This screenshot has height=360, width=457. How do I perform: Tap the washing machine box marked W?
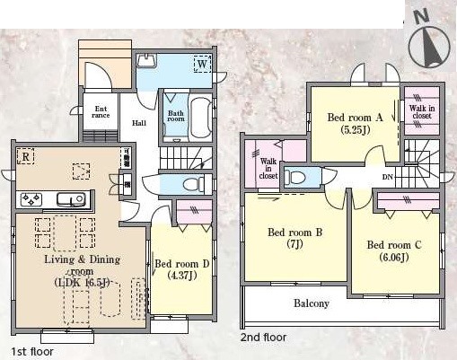[x=203, y=64]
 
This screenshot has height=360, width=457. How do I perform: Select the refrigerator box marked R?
[x=25, y=156]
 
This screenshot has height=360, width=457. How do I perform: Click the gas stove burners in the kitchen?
[x=31, y=199]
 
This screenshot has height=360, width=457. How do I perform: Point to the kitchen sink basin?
[x=71, y=199]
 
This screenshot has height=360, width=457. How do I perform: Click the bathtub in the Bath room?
[x=201, y=118]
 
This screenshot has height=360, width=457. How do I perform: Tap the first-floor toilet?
[x=193, y=185]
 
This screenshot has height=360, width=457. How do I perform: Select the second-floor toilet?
[x=294, y=178]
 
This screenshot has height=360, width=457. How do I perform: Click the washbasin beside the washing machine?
[x=146, y=61]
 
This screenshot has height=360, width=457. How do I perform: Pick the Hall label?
[x=139, y=123]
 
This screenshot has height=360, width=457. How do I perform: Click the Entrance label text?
[x=101, y=112]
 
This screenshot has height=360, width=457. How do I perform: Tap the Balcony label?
[x=312, y=303]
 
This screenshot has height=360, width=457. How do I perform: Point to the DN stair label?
[x=388, y=177]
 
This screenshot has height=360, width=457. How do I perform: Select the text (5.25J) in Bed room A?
[x=356, y=130]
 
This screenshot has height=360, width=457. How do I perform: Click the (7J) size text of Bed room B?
[x=294, y=244]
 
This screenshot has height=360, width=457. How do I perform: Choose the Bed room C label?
[x=394, y=245]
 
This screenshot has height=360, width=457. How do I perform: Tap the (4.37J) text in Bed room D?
[x=182, y=275]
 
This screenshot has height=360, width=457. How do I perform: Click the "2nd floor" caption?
[x=263, y=338]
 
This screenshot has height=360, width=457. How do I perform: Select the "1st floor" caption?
[x=32, y=351]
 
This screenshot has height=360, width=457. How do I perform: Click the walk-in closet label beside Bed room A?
[x=422, y=111]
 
